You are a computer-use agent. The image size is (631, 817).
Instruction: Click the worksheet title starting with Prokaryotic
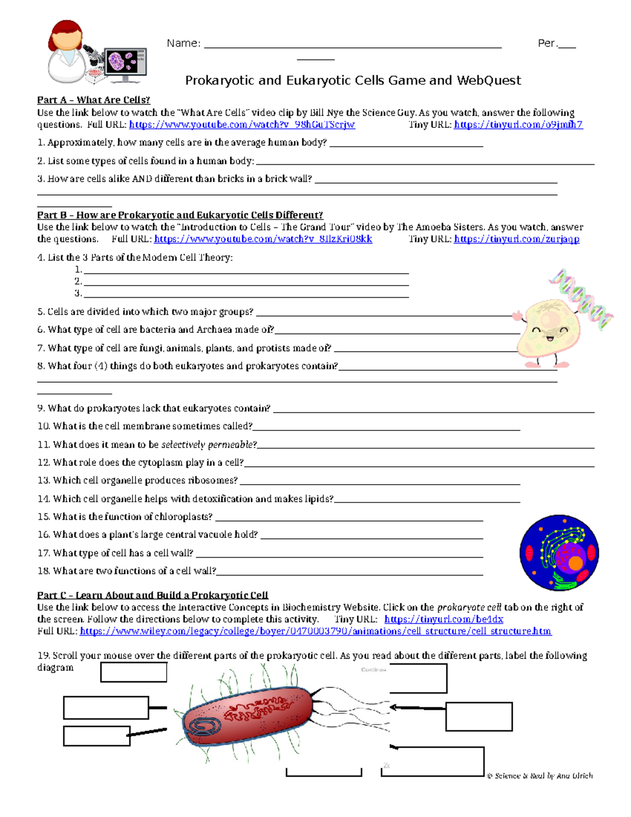(353, 80)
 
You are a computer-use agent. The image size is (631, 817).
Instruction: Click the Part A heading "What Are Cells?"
(94, 100)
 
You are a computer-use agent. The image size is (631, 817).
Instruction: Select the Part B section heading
(180, 215)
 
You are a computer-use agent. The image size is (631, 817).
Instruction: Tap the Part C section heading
(152, 595)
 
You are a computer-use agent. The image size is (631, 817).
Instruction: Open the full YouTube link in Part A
(242, 125)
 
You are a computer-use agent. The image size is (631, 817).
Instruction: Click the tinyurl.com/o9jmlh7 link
(518, 125)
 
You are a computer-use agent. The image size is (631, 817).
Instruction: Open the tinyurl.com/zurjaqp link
(516, 239)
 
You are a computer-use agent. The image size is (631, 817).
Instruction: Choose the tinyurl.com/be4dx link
(443, 619)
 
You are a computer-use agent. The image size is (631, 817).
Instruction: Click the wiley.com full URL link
(315, 631)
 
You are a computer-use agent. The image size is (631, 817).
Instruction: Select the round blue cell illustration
(559, 552)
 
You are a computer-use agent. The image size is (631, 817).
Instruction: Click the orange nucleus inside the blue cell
(575, 563)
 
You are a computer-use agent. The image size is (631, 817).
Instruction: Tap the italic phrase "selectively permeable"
(209, 445)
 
